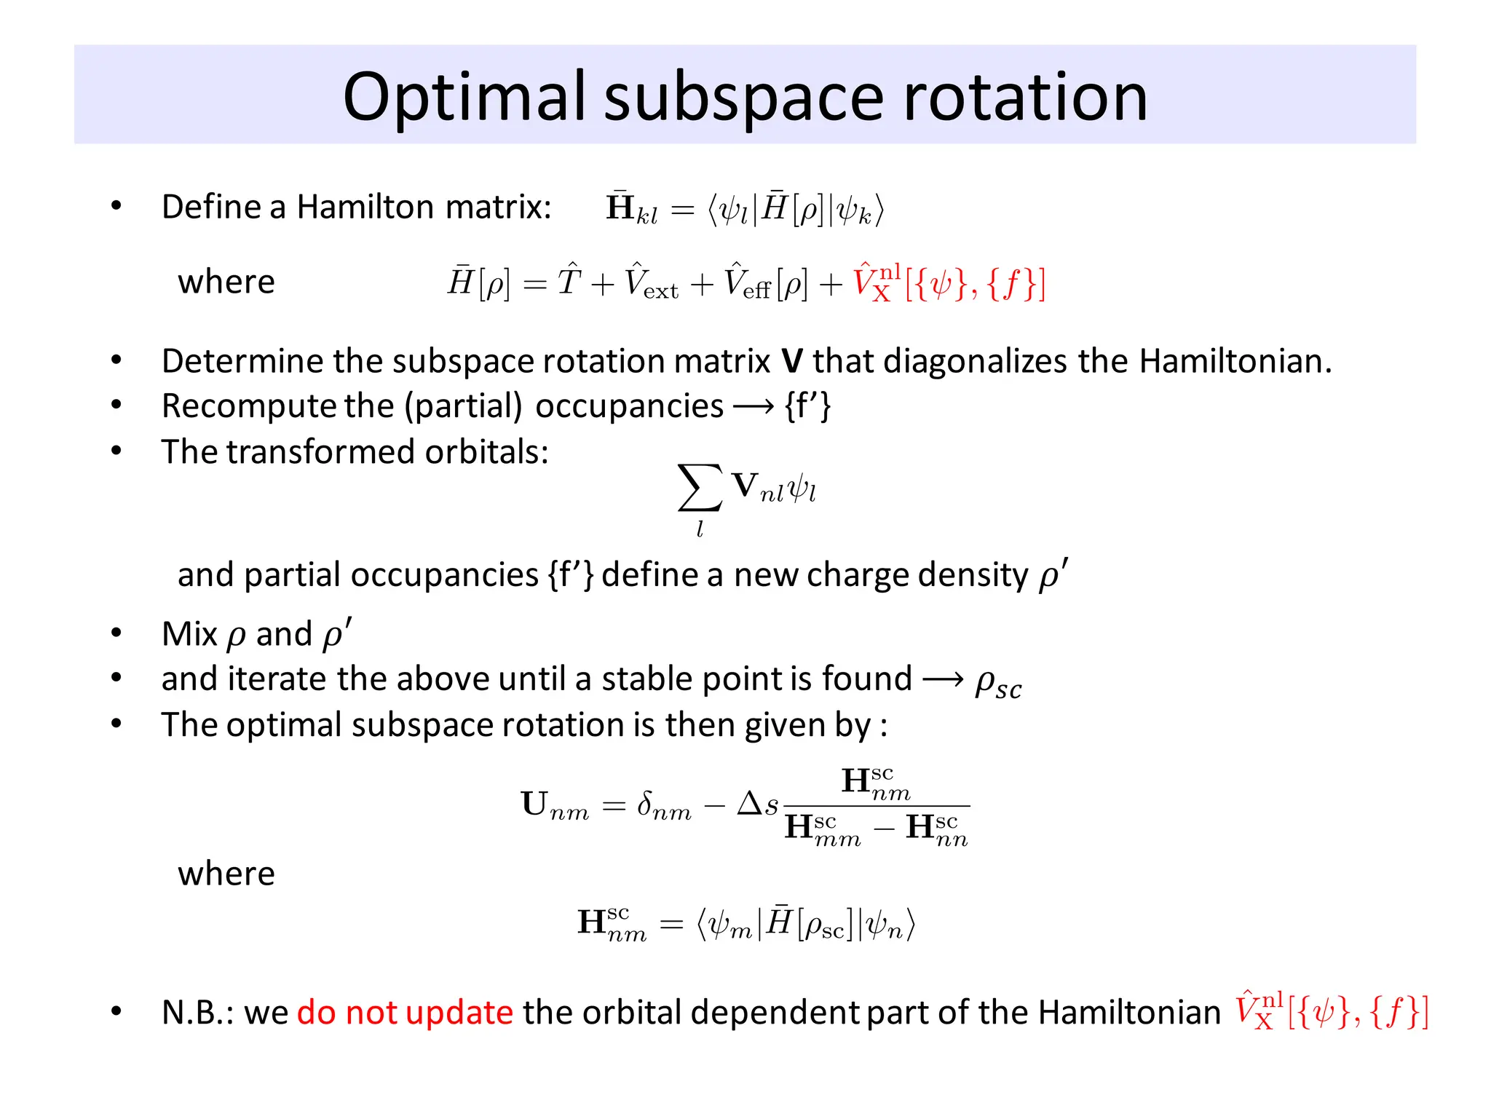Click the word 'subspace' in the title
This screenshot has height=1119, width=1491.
pos(744,98)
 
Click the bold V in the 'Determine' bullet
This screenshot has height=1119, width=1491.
pos(791,361)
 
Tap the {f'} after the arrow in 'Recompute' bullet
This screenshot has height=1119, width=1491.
pos(807,406)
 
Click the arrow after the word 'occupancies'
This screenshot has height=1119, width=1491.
pos(754,406)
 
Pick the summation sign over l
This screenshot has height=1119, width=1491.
pos(700,488)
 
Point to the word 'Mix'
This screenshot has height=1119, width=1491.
pos(189,634)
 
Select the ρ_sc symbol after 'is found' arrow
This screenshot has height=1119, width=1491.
pos(998,683)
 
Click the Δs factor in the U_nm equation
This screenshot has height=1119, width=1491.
pos(758,804)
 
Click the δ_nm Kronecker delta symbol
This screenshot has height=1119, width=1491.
pos(663,806)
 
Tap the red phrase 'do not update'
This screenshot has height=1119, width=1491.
pos(405,1013)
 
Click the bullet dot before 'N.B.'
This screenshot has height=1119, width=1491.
pos(116,1011)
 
